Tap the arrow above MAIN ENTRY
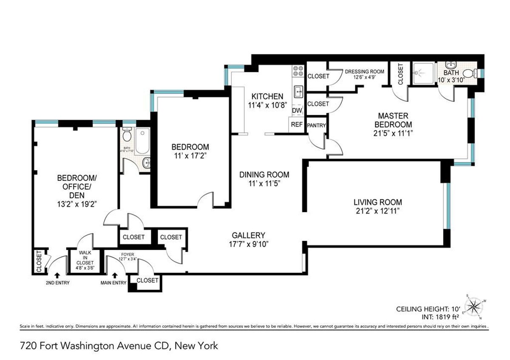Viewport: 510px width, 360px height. tap(114, 275)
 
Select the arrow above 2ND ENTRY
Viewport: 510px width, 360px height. tap(58, 275)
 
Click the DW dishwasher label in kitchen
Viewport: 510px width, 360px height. tap(297, 111)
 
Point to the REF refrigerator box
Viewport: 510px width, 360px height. tap(297, 125)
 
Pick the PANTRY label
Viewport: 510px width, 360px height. tap(316, 125)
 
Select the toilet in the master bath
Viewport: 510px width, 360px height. tap(467, 74)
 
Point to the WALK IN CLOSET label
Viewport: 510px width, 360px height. tap(85, 260)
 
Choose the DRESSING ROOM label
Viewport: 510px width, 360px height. tap(364, 71)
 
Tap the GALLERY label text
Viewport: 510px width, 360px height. tap(249, 235)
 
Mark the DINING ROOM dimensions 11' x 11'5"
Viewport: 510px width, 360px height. tap(264, 183)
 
